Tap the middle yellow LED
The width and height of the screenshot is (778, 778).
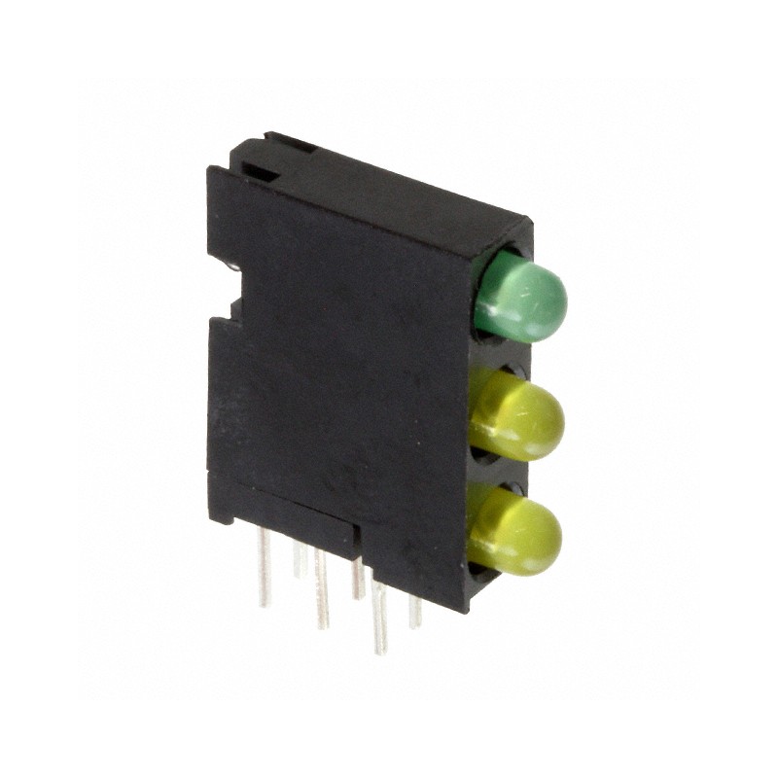(x=519, y=417)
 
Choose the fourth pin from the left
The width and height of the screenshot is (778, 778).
(x=358, y=578)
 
